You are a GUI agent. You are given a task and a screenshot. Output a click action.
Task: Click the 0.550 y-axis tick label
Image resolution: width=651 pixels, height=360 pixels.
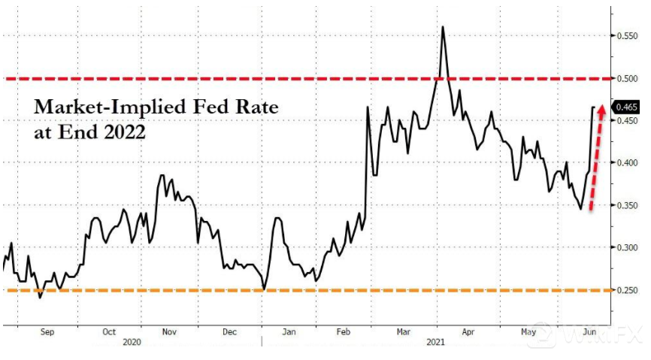(x=627, y=35)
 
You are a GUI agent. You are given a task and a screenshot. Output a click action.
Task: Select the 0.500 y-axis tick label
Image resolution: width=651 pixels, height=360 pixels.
(x=627, y=77)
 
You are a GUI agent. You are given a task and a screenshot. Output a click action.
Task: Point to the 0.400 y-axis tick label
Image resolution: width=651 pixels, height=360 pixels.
(x=627, y=162)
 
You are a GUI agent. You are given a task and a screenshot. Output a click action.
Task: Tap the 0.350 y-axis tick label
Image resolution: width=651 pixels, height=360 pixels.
(x=627, y=204)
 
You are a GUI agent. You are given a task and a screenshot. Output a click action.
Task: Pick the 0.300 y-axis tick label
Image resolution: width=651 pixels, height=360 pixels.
(x=627, y=247)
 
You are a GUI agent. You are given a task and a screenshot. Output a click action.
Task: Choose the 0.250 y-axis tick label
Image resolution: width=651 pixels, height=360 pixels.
(x=627, y=289)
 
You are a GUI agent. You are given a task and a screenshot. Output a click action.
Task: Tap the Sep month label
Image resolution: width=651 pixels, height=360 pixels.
(x=46, y=331)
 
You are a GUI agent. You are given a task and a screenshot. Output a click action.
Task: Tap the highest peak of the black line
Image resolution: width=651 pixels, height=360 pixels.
(x=442, y=27)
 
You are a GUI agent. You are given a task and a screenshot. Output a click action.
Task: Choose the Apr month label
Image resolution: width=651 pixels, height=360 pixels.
(x=467, y=331)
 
